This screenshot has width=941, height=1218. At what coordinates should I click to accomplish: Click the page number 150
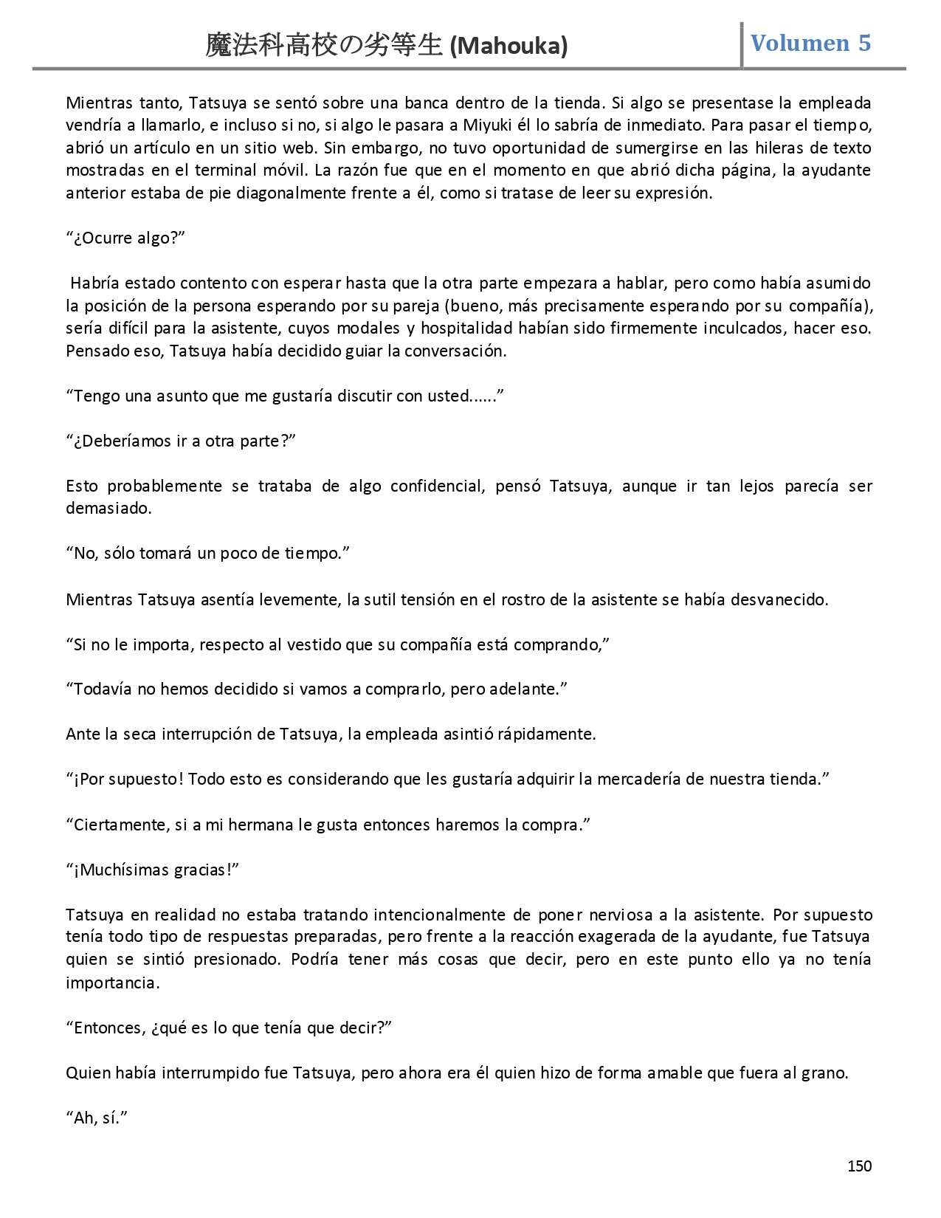coord(860,1166)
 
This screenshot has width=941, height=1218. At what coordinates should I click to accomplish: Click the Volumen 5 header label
coord(810,43)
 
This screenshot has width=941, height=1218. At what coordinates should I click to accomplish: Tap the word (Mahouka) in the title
coord(509,47)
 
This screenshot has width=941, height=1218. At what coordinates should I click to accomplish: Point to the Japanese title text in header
coord(325,47)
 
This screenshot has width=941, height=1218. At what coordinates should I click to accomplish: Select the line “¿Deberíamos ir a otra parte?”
coord(181,441)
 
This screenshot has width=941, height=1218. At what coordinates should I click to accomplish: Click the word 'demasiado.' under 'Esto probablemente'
coord(108,508)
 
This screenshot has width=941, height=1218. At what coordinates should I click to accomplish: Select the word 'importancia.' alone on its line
coord(112,983)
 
